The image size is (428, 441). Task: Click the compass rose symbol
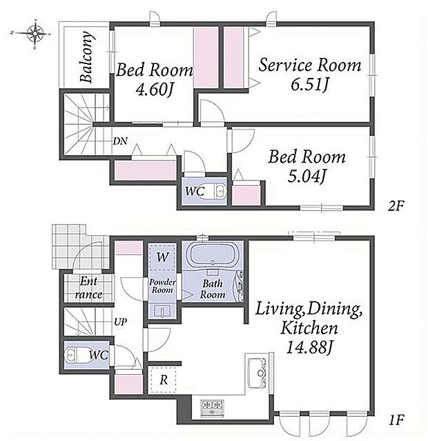35,34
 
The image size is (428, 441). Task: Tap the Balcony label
86,57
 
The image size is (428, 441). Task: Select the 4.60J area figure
154,90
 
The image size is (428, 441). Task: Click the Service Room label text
310,65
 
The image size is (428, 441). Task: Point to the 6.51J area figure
310,84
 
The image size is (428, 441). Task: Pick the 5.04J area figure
307,176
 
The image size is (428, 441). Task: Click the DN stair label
120,141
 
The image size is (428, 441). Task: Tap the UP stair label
120,322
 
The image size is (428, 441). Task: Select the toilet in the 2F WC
217,192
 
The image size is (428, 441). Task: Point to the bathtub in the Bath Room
213,254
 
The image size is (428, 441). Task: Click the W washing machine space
162,257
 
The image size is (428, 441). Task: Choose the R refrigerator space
163,380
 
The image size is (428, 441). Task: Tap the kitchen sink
257,373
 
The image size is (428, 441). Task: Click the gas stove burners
212,407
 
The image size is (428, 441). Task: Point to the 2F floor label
396,207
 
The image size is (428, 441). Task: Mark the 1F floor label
397,420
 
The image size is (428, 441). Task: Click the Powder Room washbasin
162,311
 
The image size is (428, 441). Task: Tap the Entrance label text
88,288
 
